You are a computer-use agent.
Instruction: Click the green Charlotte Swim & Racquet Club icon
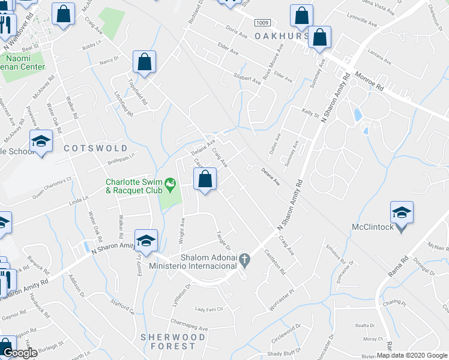[x=170, y=183]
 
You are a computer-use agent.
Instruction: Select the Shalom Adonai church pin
[x=244, y=260]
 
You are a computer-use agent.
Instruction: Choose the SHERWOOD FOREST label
[x=168, y=341]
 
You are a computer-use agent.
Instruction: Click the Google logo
[x=20, y=353]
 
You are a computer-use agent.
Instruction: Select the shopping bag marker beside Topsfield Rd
[x=145, y=62]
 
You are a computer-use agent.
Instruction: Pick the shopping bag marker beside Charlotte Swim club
[x=205, y=179]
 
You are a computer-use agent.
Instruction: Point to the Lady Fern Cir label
[x=209, y=310]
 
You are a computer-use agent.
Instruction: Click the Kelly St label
[x=310, y=112]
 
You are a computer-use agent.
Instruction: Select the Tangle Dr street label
[x=223, y=240]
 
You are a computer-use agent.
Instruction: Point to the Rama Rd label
[x=393, y=266]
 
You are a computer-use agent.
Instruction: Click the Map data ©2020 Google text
[x=412, y=355]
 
